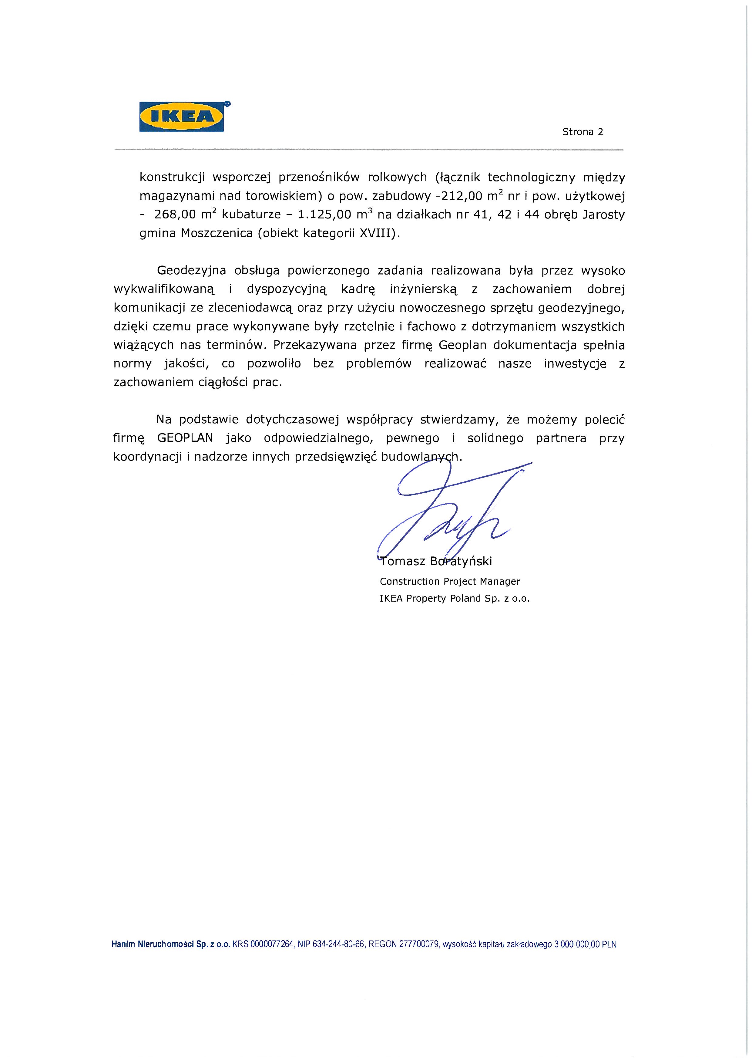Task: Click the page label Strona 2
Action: coord(582,132)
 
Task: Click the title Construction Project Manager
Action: coord(450,581)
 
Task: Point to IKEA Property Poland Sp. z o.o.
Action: coord(454,598)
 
